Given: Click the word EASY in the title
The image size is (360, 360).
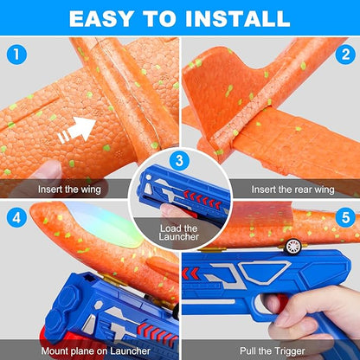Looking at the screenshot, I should click(102, 17).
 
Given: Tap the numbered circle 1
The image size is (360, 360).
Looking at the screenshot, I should click(16, 54).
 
